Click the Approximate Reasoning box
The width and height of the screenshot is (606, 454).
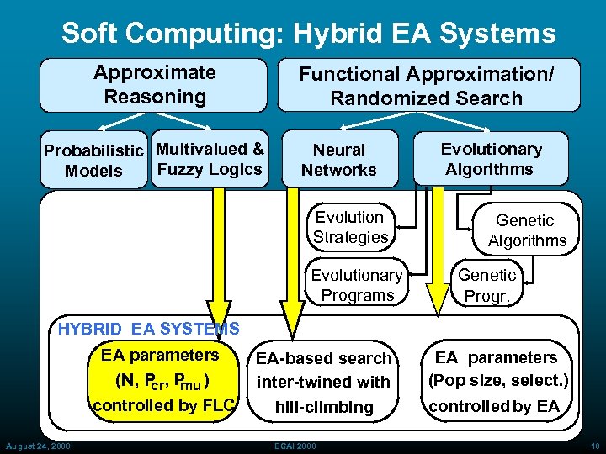pos(154,84)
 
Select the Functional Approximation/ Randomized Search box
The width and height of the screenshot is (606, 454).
pos(427,86)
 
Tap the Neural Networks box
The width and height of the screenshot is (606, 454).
pos(339,160)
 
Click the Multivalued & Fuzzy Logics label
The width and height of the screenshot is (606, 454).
pos(210,159)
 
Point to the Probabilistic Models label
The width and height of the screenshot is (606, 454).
pos(93,161)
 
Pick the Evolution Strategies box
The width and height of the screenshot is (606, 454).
pos(350,227)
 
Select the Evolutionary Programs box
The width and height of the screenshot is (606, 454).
pos(357,285)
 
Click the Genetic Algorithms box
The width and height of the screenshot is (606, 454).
pos(526,230)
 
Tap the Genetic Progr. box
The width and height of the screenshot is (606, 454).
pos(486,285)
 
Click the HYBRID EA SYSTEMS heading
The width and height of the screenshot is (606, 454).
pos(148,329)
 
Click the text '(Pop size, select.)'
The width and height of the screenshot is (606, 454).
pos(498,380)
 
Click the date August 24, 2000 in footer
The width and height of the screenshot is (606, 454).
pos(37,445)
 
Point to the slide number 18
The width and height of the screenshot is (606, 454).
pos(594,445)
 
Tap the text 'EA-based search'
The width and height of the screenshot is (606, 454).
pos(324,358)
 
